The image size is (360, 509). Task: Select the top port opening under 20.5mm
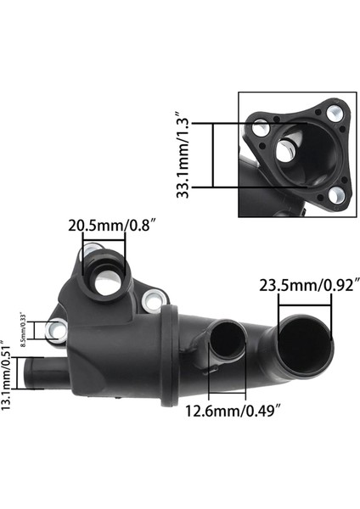(x=106, y=281)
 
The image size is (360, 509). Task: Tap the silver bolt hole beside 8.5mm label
(x=57, y=330)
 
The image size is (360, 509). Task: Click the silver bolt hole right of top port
(x=153, y=299)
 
